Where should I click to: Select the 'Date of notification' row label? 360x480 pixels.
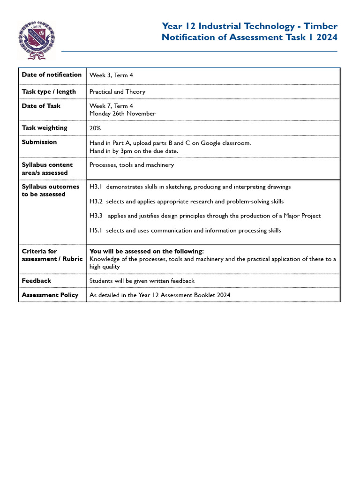[52, 75]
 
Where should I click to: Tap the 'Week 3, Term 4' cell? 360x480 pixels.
[111, 75]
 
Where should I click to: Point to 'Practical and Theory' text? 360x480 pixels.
[117, 92]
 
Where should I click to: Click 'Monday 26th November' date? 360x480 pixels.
[122, 113]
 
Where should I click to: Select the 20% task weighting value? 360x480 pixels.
[95, 128]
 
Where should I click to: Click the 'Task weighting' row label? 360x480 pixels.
[45, 128]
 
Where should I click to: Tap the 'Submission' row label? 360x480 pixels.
[39, 142]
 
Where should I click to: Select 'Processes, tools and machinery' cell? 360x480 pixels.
[131, 165]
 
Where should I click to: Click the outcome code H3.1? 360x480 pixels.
[96, 187]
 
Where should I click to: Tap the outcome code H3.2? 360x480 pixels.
[96, 202]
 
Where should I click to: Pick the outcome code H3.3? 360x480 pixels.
[96, 216]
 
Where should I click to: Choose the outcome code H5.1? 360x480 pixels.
[96, 231]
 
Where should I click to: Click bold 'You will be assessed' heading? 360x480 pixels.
[147, 251]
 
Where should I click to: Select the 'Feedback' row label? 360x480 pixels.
[37, 281]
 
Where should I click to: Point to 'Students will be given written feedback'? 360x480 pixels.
[142, 281]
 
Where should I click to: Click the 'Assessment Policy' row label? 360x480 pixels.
[50, 295]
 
